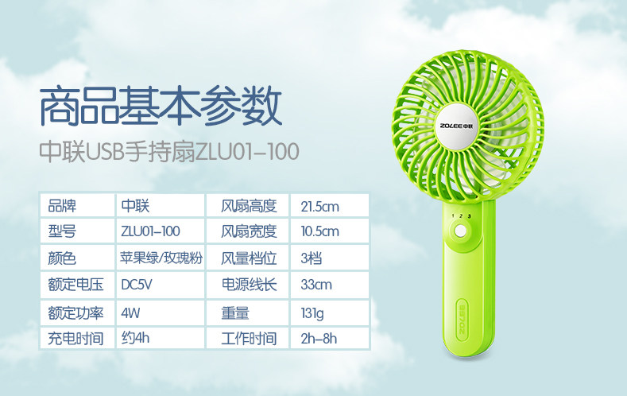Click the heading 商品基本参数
161,106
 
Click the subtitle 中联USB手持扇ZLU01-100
169,152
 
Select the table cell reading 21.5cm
330,206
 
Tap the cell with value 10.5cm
330,231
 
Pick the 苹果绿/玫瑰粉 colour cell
161,258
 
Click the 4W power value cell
161,313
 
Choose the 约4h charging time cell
161,338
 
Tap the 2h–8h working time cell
330,338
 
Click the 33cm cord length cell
330,285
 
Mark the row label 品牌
62,206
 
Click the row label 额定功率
75,313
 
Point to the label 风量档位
249,258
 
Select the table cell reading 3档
330,258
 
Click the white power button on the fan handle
461,231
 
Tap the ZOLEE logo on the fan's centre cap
456,126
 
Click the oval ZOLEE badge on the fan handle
462,320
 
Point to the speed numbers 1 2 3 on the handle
461,216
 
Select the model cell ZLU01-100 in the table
161,231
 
